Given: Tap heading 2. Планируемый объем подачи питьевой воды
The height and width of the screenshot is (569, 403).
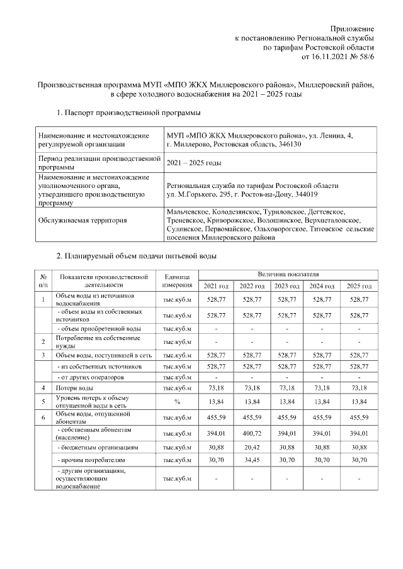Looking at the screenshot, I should pos(137,256).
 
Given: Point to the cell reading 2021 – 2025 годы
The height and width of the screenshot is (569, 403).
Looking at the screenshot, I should pos(193,163).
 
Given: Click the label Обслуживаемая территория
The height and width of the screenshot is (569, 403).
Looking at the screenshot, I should pos(82,220).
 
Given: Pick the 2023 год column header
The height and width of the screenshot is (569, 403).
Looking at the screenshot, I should pos(288,286).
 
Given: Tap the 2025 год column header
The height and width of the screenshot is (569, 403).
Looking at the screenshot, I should pos(359,286).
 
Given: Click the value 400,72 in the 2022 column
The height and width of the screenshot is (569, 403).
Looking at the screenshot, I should pos(252,433).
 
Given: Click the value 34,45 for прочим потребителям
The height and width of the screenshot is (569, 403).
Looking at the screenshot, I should pos(252,460).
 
